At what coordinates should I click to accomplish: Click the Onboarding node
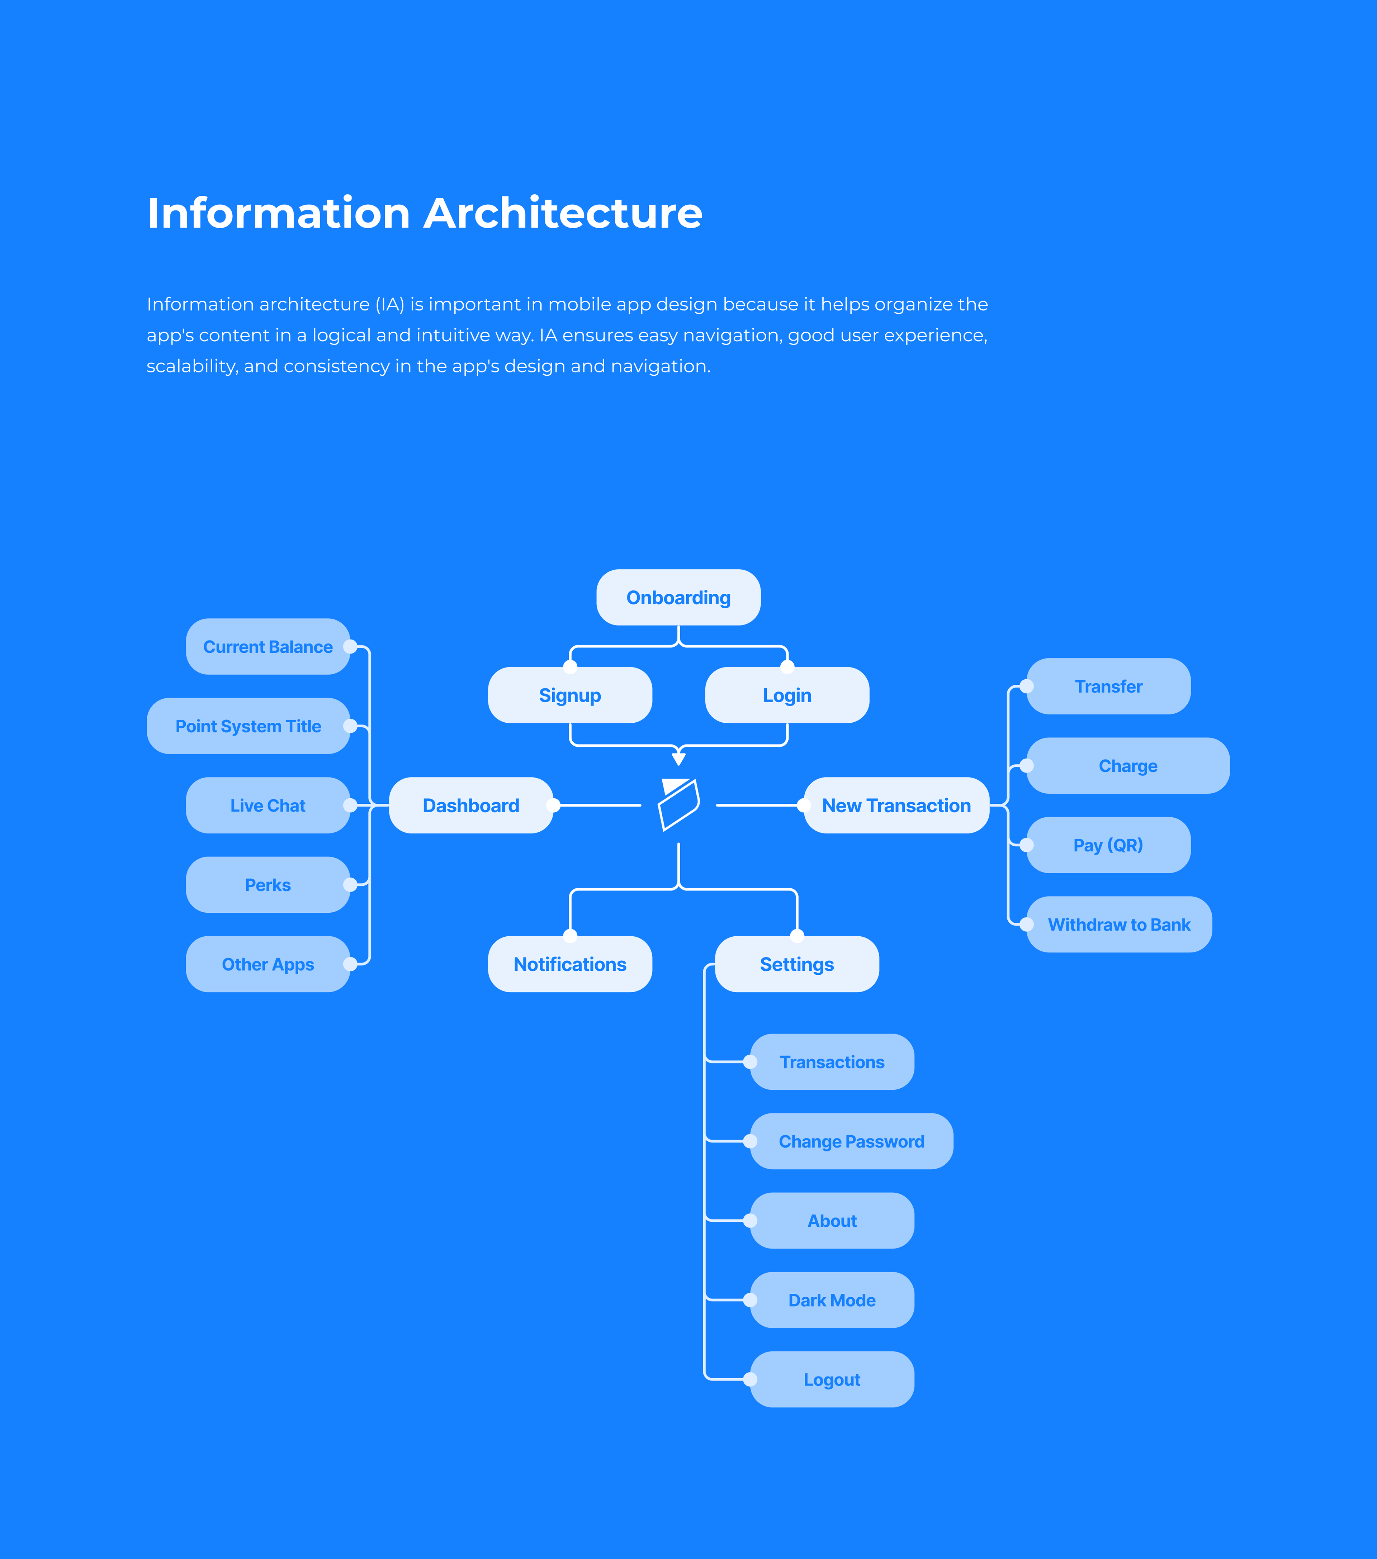pyautogui.click(x=678, y=597)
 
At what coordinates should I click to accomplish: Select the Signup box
pyautogui.click(x=570, y=695)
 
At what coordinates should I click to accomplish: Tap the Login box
pyautogui.click(x=786, y=695)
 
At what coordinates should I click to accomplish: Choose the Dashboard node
pyautogui.click(x=471, y=805)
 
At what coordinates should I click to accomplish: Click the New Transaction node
pyautogui.click(x=896, y=805)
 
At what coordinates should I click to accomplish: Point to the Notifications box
pyautogui.click(x=570, y=964)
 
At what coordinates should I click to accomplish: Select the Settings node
pyautogui.click(x=796, y=964)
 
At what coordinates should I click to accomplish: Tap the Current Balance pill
pyautogui.click(x=268, y=647)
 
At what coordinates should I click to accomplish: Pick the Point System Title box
pyautogui.click(x=248, y=726)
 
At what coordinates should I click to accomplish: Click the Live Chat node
pyautogui.click(x=268, y=805)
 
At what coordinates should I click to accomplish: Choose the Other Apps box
pyautogui.click(x=268, y=964)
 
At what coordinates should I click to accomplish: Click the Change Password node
pyautogui.click(x=851, y=1141)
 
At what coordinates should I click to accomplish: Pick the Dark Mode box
pyautogui.click(x=832, y=1300)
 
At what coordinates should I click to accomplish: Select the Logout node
pyautogui.click(x=832, y=1379)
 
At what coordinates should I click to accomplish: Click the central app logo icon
pyautogui.click(x=678, y=805)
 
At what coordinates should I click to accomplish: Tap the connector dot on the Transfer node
pyautogui.click(x=1027, y=686)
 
